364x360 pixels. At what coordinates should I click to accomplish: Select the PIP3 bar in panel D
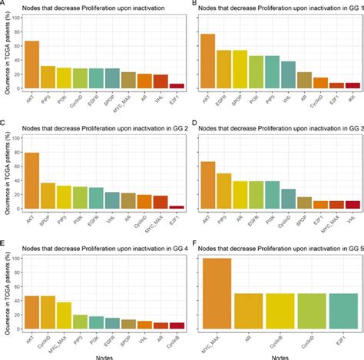(224, 191)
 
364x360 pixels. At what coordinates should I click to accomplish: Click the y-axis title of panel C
(5, 173)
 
